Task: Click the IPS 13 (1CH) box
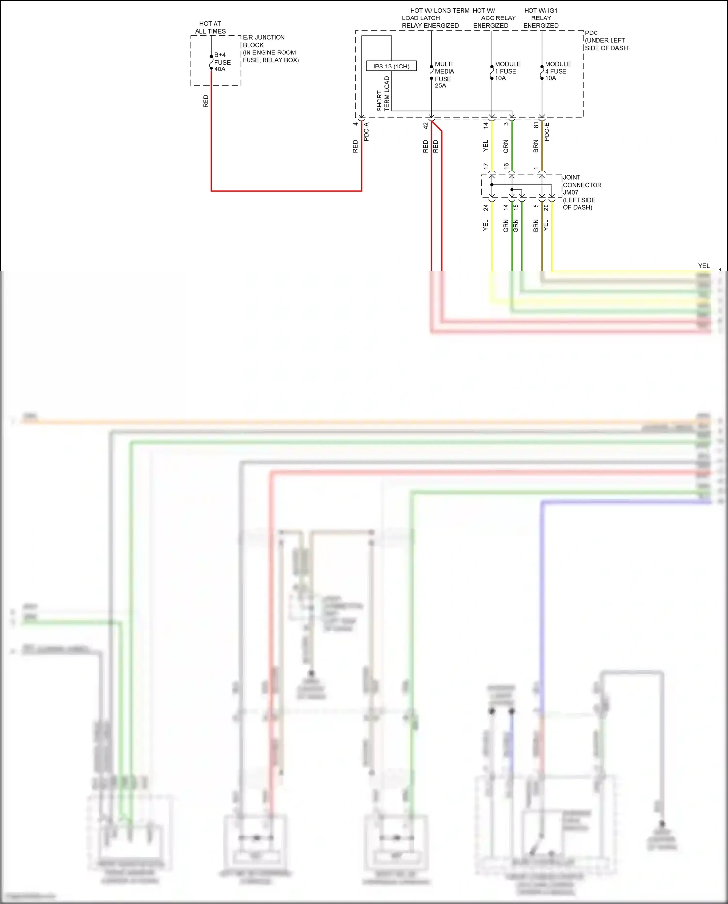tap(391, 66)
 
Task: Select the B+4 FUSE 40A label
tap(222, 62)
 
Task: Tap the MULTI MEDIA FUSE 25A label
tap(444, 75)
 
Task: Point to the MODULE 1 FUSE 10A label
tap(507, 71)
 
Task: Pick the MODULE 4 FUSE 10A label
tap(558, 71)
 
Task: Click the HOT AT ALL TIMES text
tap(210, 27)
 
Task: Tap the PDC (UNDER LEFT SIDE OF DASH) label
tap(607, 40)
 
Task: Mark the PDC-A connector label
tap(366, 132)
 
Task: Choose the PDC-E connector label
tap(547, 132)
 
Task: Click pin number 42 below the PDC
tap(426, 125)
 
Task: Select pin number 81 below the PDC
tap(536, 125)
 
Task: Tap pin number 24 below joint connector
tap(485, 207)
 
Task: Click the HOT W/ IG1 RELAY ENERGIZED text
tap(541, 18)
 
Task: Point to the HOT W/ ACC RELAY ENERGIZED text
tap(493, 18)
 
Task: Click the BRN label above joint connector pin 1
tap(536, 146)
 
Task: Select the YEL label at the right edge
tap(703, 266)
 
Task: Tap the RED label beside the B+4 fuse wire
tap(206, 101)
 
